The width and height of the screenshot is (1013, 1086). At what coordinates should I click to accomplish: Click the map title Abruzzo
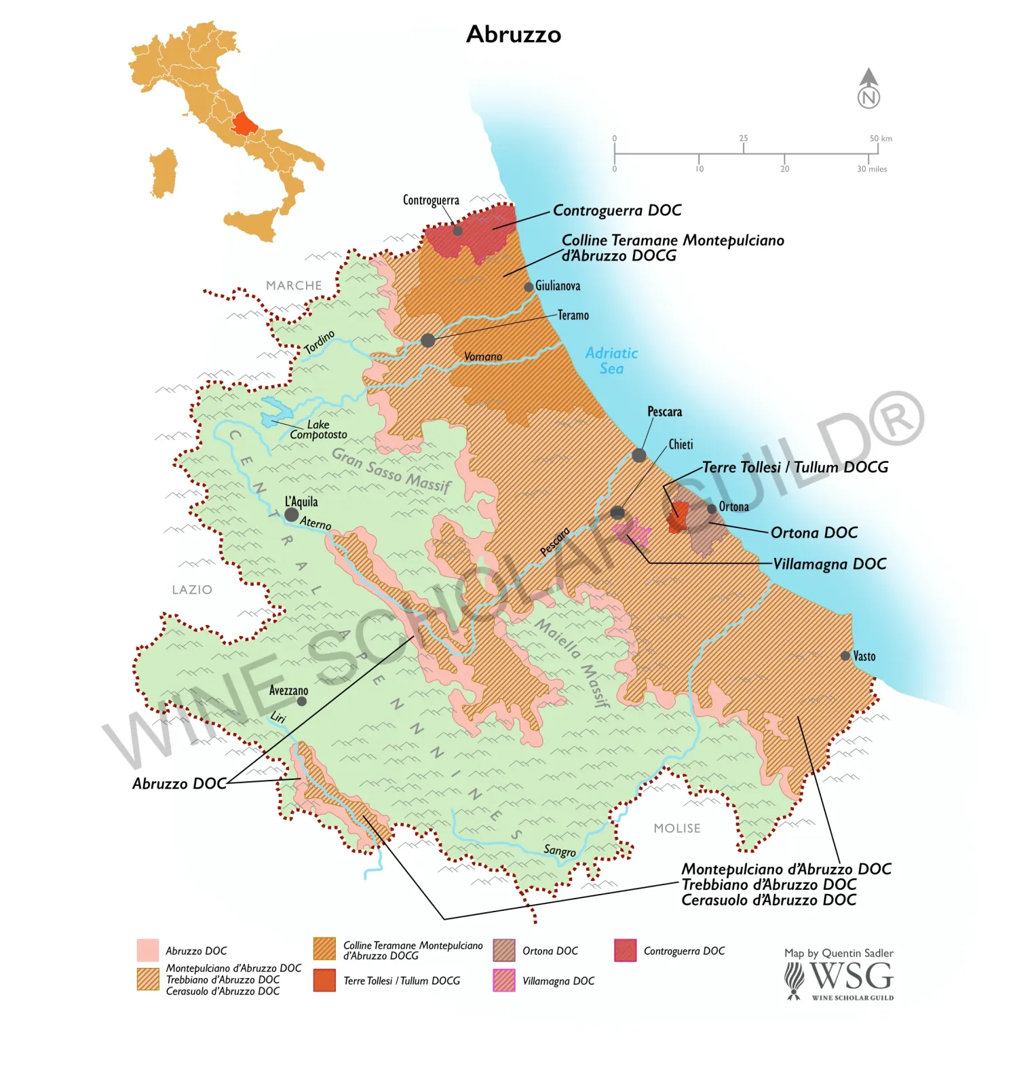coord(514,34)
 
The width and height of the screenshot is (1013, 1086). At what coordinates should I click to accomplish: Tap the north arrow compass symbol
coord(868,89)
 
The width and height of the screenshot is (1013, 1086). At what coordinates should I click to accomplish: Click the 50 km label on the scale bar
coord(881,138)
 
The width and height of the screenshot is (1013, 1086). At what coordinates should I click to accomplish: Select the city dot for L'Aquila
coord(291,514)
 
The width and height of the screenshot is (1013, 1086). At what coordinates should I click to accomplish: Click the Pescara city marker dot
coord(638,455)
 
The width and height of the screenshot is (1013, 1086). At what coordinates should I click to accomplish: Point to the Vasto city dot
coord(845,656)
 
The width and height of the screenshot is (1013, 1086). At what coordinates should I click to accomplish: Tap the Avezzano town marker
coord(302,701)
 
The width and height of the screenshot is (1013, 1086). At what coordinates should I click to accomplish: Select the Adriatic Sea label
coord(611,360)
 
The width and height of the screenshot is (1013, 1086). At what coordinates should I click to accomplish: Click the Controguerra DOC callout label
coord(617,210)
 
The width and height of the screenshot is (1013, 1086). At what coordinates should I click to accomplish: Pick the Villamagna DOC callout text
coord(829,564)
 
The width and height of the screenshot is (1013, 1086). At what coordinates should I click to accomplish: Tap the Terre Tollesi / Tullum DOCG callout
coord(795,467)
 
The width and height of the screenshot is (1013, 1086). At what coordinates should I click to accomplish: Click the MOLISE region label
coord(676,828)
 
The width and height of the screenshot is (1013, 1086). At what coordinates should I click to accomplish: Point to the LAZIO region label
coord(192,590)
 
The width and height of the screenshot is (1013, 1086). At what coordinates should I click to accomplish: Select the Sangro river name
coord(559,850)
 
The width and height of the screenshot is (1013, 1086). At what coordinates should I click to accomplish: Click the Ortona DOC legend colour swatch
coord(504,950)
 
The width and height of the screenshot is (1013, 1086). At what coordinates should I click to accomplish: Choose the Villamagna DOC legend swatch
coord(504,980)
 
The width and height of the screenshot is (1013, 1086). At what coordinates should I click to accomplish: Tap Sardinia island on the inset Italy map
coord(164,173)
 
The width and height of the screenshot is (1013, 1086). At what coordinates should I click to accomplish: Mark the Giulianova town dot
coord(529,287)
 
